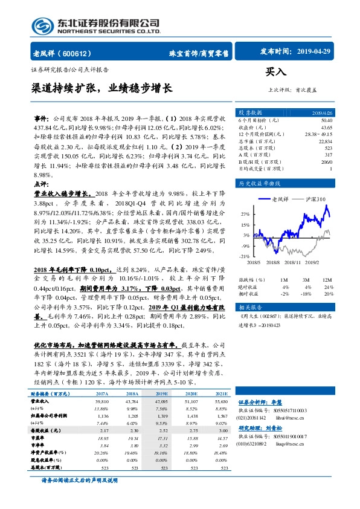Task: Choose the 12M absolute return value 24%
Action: [x=329, y=287]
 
